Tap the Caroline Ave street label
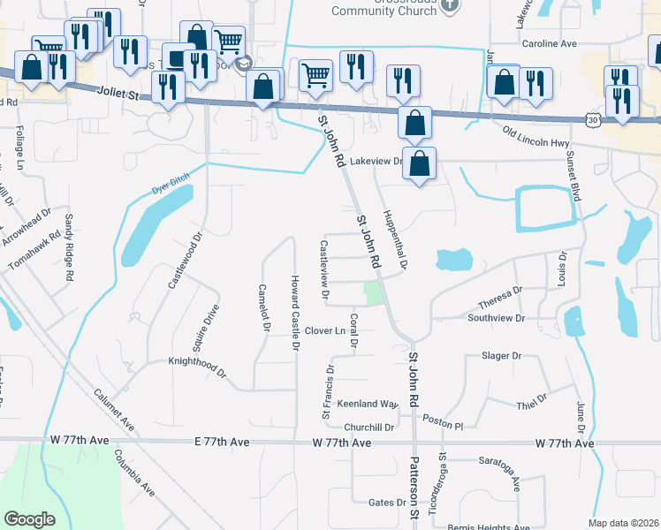coord(550,43)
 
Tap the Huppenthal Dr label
coord(395,238)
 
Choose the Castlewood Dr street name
coord(186,261)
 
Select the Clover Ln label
coord(324,330)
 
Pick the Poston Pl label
coord(443,423)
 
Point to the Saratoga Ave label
coord(500,472)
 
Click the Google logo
coord(30,519)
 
